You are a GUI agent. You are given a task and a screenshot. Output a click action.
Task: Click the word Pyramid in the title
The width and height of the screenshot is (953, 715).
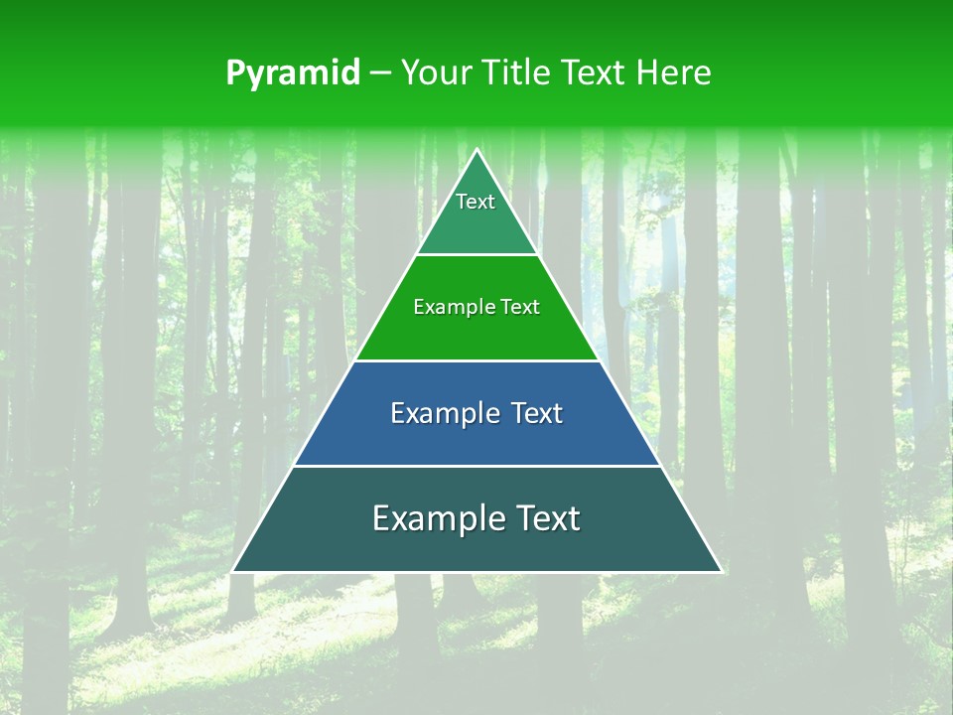pyautogui.click(x=292, y=73)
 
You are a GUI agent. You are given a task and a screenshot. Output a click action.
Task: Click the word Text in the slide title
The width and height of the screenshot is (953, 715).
pyautogui.click(x=595, y=73)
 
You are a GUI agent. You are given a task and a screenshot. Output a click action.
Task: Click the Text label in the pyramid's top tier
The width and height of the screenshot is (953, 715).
pyautogui.click(x=476, y=202)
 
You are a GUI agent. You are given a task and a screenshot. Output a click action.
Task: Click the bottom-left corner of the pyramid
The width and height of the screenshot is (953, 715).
pyautogui.click(x=233, y=571)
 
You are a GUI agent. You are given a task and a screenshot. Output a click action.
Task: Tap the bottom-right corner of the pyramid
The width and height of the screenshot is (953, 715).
pyautogui.click(x=721, y=571)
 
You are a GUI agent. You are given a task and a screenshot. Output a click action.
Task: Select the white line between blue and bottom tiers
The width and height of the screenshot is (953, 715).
pyautogui.click(x=477, y=466)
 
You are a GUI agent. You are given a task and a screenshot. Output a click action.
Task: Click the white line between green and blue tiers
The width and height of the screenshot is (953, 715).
pyautogui.click(x=477, y=360)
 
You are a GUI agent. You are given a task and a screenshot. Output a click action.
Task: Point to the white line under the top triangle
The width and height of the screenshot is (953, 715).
pyautogui.click(x=477, y=254)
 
